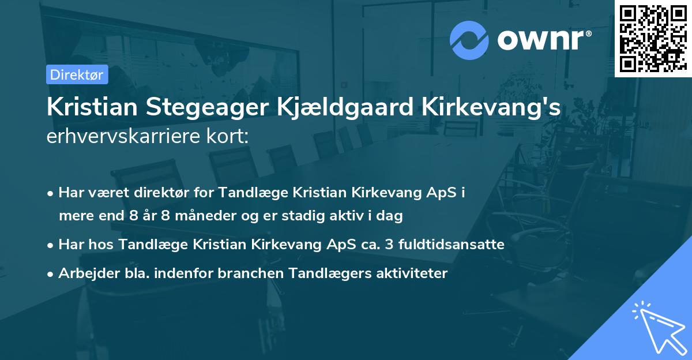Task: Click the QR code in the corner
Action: pos(653,38)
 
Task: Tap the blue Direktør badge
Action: pos(77,74)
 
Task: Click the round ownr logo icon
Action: pos(469,40)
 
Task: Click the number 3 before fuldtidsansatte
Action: pos(390,245)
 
